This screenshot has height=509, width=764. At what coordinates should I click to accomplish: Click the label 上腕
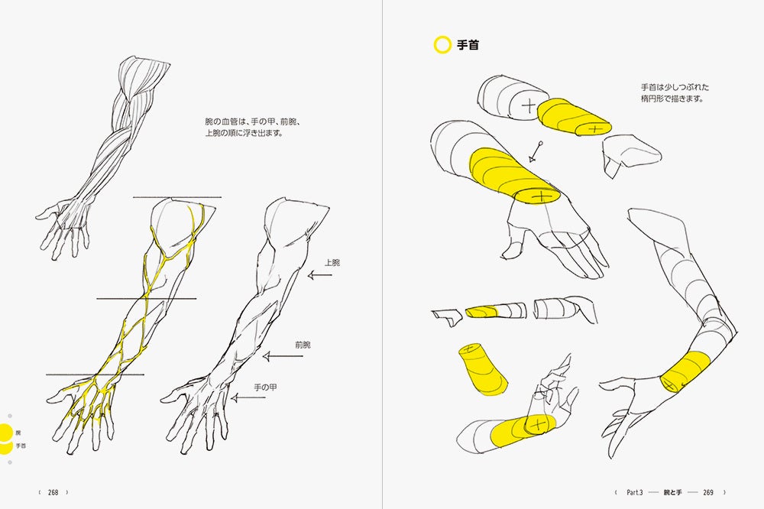pos(332,262)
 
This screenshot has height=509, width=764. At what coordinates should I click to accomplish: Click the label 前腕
pos(303,345)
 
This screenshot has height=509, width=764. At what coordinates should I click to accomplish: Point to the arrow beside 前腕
pos(277,356)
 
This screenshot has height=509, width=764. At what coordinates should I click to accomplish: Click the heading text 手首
pos(468,45)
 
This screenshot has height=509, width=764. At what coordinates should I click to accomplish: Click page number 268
pos(53,492)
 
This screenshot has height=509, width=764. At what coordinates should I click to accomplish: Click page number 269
pos(708,492)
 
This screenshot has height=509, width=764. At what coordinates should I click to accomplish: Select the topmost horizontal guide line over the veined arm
pos(177,197)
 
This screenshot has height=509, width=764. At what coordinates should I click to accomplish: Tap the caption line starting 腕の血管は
pos(253,122)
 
